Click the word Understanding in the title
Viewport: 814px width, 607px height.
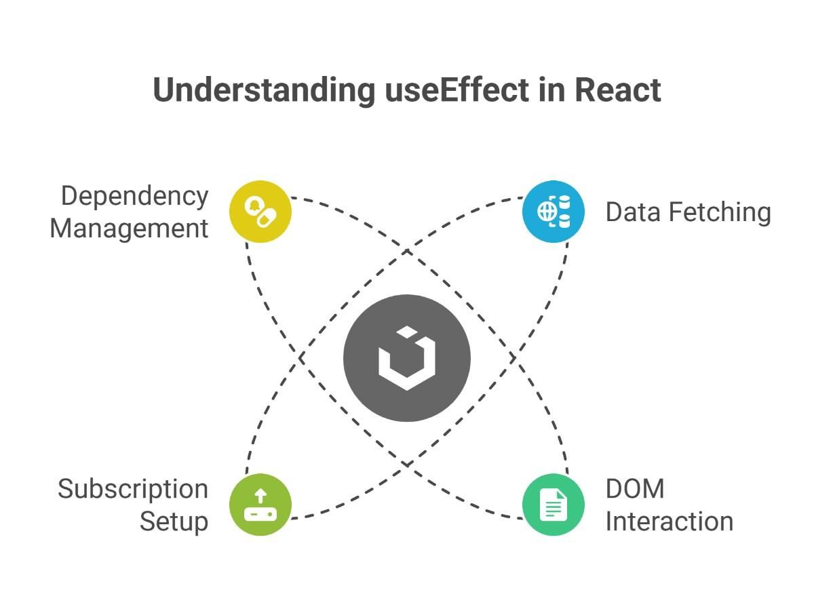[x=264, y=91]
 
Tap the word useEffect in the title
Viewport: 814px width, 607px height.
[x=457, y=90]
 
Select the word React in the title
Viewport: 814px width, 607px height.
[x=618, y=90]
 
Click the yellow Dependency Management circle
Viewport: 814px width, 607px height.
[x=260, y=212]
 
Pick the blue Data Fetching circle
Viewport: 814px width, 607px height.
[x=554, y=212]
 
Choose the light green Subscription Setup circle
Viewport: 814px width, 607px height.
[x=260, y=505]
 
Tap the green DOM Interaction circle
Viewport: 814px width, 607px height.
[x=554, y=505]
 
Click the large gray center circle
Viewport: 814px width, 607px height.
[x=407, y=358]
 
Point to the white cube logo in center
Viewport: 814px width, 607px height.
[x=407, y=358]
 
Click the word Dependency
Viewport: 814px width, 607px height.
[x=134, y=197]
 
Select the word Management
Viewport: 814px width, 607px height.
[x=129, y=229]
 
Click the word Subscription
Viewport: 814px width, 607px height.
[x=133, y=490]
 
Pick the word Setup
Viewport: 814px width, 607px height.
[x=174, y=522]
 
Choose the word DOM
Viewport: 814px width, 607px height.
[x=635, y=489]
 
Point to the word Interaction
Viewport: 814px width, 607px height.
[x=670, y=522]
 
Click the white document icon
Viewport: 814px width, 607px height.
[x=554, y=505]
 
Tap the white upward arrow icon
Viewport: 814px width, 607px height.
[x=260, y=495]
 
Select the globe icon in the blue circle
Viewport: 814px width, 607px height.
[x=547, y=212]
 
